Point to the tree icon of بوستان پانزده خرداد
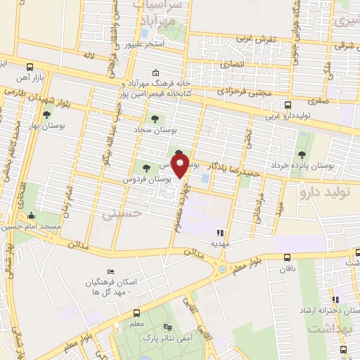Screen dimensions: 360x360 tap(302, 154)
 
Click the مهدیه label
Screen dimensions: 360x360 tap(221, 244)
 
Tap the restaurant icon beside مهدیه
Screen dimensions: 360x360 tap(220, 232)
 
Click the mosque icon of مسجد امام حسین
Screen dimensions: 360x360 tap(31, 216)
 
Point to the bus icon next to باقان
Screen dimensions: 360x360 tap(286, 257)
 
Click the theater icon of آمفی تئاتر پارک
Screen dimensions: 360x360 tap(167, 328)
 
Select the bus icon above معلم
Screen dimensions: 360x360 tap(136, 313)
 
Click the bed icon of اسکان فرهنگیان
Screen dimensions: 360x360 tap(110, 271)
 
